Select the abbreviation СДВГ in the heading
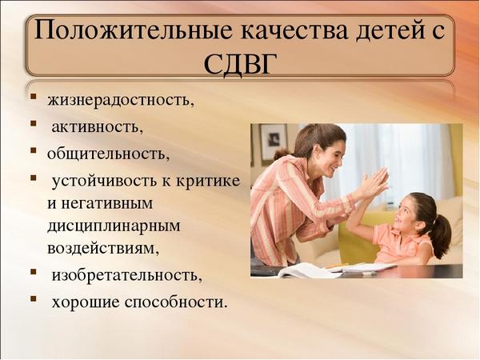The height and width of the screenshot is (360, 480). coord(238,64)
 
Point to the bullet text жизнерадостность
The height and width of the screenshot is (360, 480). coord(121,100)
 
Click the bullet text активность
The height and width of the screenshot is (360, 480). coord(98,126)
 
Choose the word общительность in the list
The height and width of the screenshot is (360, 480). coord(108,153)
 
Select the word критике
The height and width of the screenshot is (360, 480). coord(208,181)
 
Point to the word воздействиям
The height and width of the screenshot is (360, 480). coord(103,248)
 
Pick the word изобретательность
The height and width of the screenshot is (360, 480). coord(126,275)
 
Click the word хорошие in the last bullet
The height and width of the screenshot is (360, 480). coord(86,302)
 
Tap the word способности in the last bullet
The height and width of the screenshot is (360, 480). coord(176,302)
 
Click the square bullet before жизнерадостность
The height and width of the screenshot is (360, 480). coord(34,97)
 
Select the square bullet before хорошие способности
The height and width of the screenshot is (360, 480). coord(34,298)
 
